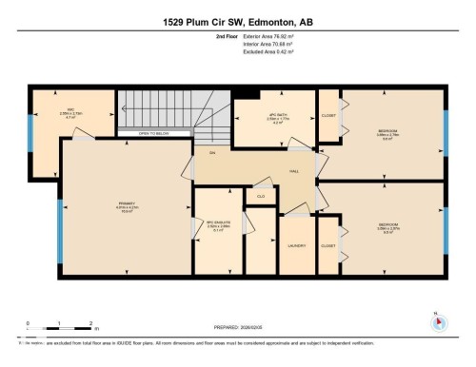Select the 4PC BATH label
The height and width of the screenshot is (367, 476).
click(278, 115)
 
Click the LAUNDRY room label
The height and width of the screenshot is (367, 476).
click(296, 245)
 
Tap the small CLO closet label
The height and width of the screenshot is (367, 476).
click(259, 195)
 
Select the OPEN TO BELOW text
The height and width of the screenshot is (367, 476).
click(153, 134)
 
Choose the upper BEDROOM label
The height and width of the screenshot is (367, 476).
click(387, 130)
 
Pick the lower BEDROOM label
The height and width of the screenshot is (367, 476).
click(387, 225)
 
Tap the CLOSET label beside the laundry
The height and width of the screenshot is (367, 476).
click(328, 245)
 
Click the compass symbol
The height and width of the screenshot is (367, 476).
click(437, 320)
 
